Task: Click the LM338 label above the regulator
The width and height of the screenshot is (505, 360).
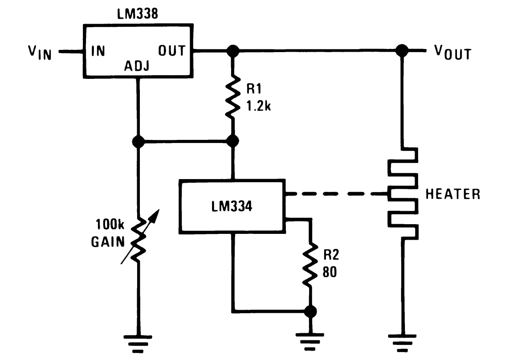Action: pos(138,14)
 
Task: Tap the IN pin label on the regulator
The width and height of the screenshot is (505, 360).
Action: pos(98,51)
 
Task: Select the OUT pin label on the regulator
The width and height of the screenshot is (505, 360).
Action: pos(171,51)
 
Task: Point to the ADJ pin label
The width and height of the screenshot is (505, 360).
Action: pos(137,66)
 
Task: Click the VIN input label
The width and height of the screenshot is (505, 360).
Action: pos(40,52)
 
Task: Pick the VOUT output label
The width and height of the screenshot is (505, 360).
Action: pos(453,52)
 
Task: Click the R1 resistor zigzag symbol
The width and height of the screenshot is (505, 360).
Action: pos(232,97)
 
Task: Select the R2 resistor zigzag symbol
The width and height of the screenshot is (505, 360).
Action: pos(310,264)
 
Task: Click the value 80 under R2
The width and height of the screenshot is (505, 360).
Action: pos(330,272)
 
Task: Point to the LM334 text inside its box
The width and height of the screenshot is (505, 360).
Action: pos(232,206)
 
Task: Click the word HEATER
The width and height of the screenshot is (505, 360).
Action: pos(453,194)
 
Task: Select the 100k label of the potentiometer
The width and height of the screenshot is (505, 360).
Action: pos(110,224)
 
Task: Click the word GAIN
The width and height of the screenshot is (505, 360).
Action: pos(108,242)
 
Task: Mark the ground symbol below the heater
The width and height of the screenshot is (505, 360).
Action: pos(402,343)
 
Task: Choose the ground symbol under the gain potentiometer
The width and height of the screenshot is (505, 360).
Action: pos(138,344)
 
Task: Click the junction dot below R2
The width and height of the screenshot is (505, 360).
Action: pos(310,311)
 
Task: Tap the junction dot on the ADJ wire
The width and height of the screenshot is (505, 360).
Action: pos(138,141)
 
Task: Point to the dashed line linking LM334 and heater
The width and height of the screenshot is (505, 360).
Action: pos(337,194)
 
